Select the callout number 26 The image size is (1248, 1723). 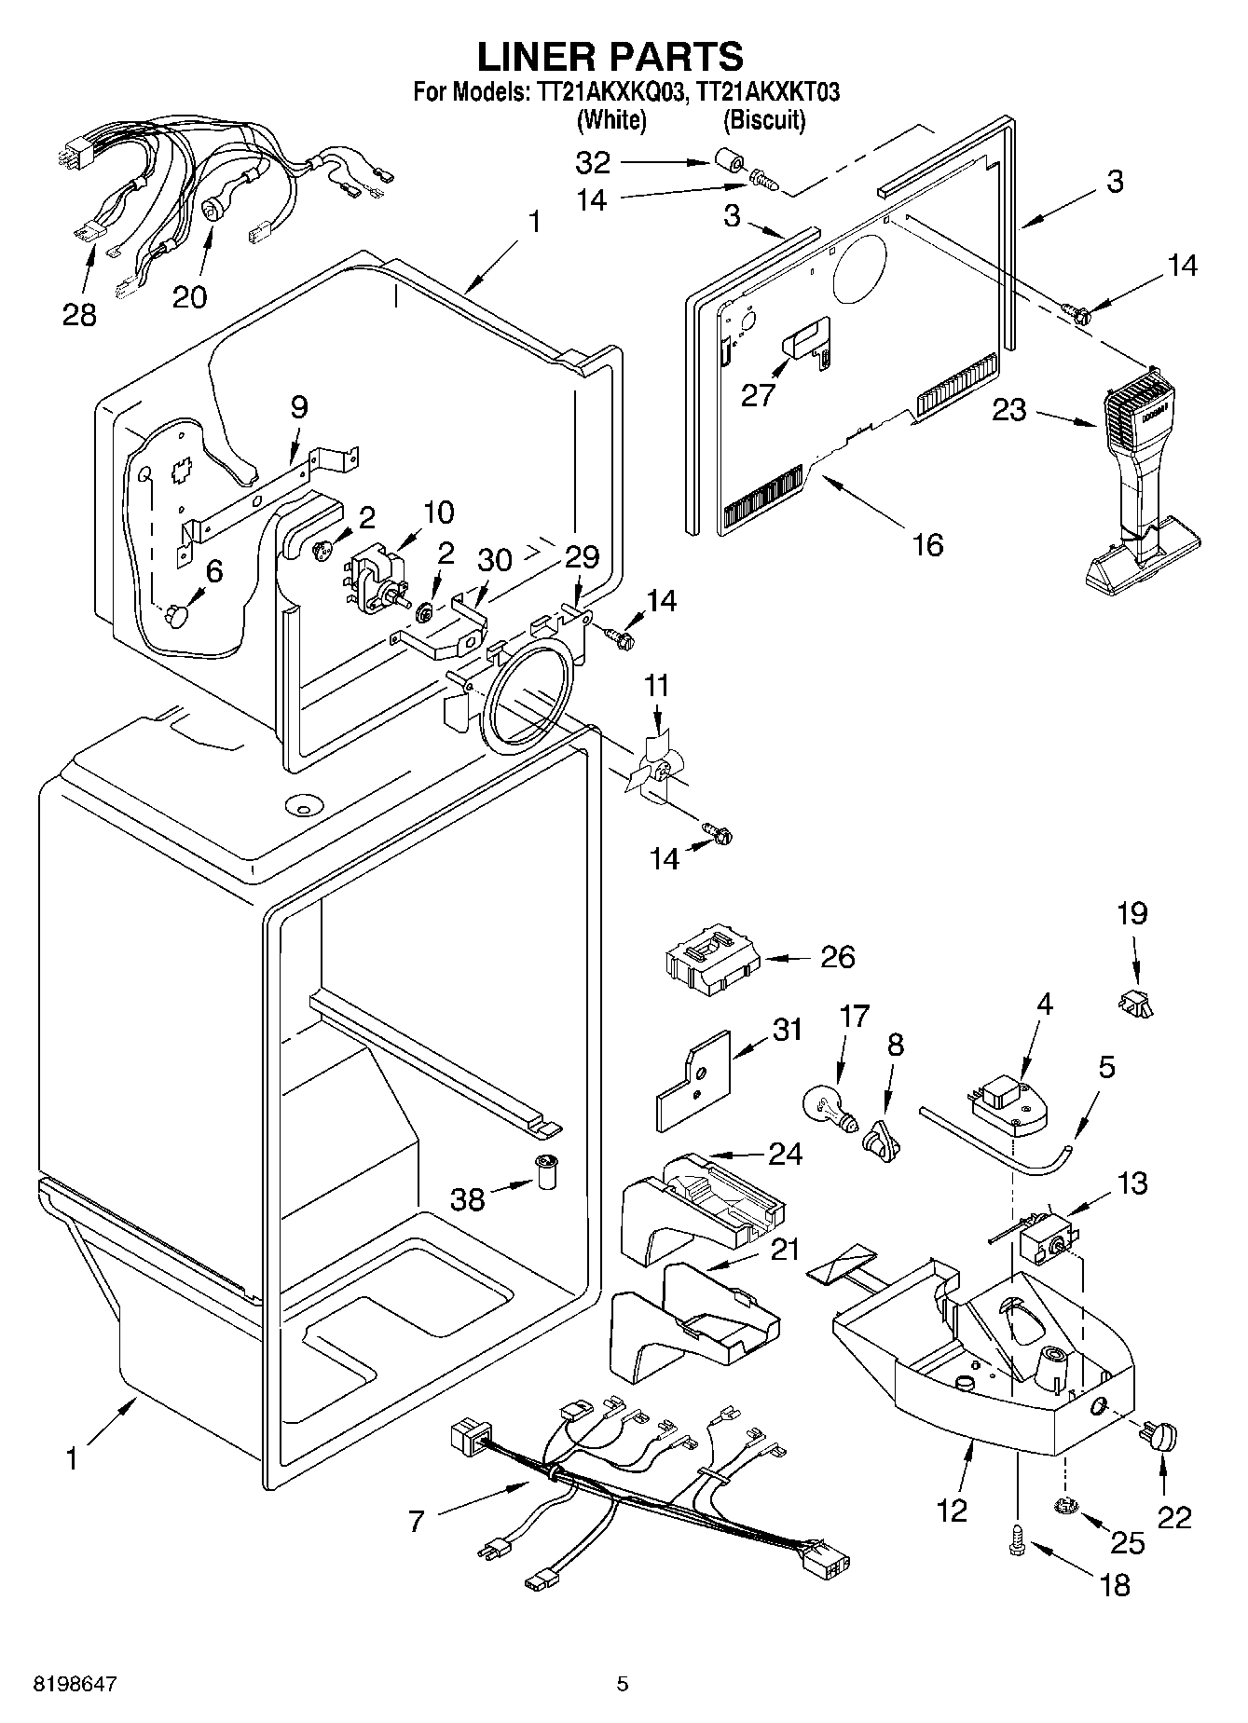click(837, 957)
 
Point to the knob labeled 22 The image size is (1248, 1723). click(1162, 1438)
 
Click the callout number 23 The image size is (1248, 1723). click(1009, 410)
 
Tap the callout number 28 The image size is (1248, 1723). click(79, 314)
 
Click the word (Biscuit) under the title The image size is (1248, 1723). click(764, 120)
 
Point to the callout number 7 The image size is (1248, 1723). click(416, 1522)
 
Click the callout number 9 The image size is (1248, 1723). click(298, 406)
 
